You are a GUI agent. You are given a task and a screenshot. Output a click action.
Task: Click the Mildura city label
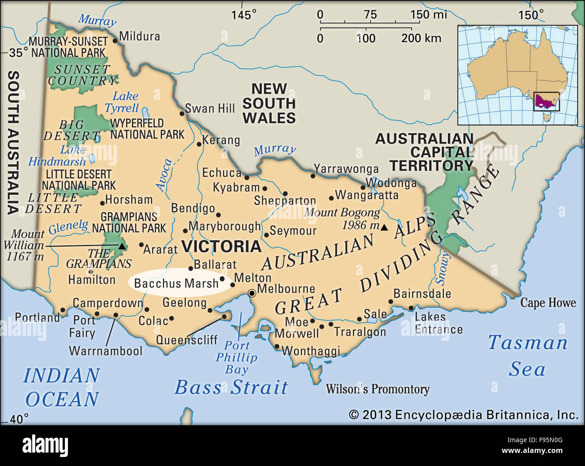139,36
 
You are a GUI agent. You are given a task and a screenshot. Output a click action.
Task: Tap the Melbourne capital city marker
252,293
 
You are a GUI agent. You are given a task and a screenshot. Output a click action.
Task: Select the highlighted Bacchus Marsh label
176,283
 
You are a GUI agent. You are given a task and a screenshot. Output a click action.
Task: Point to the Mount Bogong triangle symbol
384,228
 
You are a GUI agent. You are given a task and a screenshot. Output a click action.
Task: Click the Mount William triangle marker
121,246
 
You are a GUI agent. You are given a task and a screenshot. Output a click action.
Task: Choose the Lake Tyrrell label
122,102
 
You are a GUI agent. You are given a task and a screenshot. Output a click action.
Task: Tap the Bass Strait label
231,387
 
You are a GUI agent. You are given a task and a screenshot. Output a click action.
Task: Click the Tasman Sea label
527,355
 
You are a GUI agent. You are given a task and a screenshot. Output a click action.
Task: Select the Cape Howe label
548,303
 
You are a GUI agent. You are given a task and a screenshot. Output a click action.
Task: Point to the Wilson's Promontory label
378,389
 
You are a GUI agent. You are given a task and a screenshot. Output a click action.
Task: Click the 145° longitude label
243,15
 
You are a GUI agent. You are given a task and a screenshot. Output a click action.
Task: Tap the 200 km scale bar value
421,38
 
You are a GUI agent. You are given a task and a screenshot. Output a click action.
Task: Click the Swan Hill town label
210,108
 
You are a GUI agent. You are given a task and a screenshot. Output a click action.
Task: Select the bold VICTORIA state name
221,246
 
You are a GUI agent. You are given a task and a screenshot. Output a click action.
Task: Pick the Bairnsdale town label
422,294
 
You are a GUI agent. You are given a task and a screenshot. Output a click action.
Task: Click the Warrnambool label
106,351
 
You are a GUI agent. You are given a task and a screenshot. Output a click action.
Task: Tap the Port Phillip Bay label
237,358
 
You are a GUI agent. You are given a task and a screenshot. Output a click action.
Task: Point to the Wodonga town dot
363,188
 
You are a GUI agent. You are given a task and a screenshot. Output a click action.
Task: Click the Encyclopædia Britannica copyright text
463,415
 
